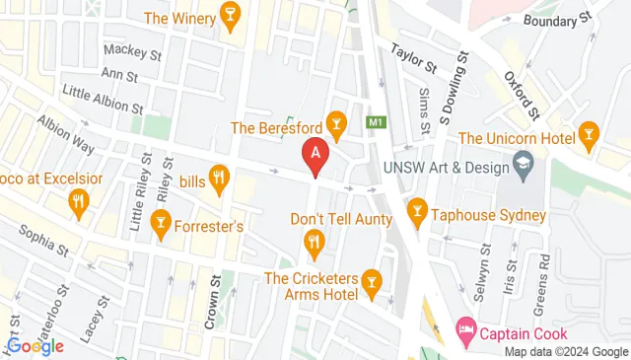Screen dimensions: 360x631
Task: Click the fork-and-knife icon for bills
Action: point(219,179)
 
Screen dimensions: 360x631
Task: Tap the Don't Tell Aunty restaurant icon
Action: point(314,240)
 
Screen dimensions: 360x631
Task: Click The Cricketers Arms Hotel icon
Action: point(371,284)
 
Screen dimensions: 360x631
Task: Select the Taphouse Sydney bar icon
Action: point(417,212)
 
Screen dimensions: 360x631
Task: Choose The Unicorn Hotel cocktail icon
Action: point(589,135)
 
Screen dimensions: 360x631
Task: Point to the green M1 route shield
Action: point(375,123)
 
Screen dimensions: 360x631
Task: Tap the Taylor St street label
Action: point(413,57)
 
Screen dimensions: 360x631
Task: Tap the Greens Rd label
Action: point(543,276)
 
